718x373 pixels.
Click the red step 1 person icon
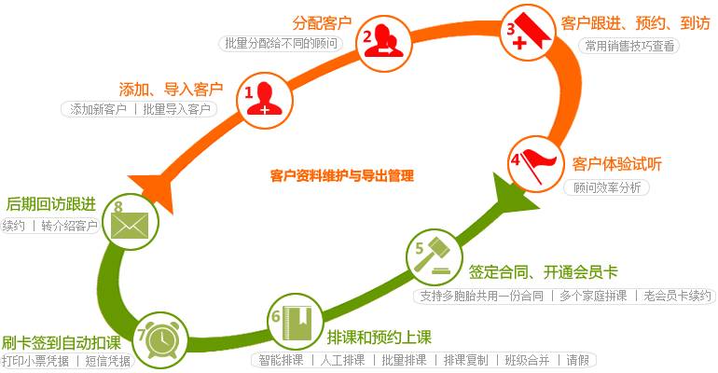point(264,98)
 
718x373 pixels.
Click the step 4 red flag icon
point(533,161)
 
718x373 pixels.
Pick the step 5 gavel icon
point(432,256)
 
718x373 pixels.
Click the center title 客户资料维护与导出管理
point(341,175)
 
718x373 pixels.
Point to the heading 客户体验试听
point(616,164)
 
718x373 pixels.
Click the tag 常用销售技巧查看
point(630,46)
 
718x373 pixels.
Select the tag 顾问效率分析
point(607,186)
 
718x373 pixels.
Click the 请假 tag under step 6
point(579,360)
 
